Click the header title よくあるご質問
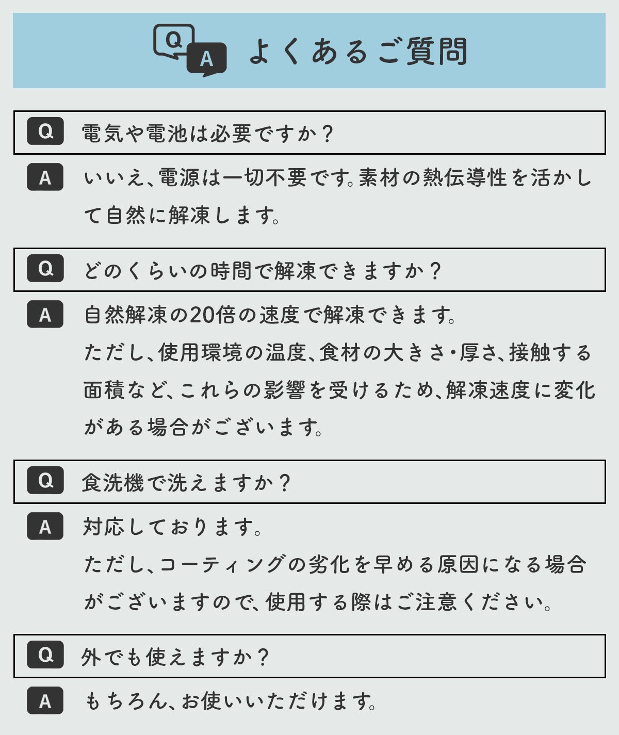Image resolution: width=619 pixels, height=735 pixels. point(359,52)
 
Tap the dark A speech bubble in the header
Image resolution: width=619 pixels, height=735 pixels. point(207,59)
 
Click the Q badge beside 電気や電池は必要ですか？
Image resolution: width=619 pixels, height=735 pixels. point(45,131)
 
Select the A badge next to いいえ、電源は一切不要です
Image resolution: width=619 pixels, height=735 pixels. point(45,177)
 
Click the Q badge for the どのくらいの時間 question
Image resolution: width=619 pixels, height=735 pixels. point(45,268)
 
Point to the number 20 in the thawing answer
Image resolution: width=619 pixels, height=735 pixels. point(202,315)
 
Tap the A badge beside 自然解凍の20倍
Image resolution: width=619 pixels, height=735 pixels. point(45,314)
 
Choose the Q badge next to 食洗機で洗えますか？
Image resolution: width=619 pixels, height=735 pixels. point(45,480)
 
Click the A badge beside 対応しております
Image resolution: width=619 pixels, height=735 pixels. point(45,526)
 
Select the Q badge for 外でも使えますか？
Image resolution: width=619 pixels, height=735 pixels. point(45,655)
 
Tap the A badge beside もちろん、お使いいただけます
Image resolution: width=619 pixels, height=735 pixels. point(45,700)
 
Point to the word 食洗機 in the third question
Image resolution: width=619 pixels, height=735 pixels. point(112,483)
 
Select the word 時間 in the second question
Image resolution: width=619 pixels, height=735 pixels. point(231,271)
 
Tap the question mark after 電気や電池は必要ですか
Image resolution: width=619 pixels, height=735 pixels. point(328,134)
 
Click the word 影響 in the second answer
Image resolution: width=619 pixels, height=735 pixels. point(285,390)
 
